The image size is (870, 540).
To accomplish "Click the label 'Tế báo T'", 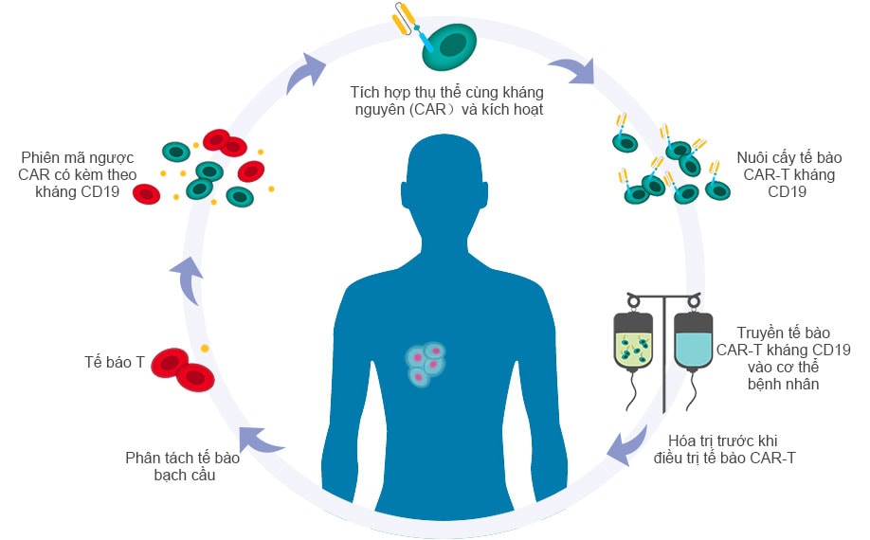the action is pos(115,362).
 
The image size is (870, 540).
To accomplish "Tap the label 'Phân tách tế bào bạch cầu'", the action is pos(183,466).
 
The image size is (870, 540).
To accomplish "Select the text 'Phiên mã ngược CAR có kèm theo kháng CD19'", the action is pos(77,174).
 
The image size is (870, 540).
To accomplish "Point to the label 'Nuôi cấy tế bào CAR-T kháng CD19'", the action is pos(788,174).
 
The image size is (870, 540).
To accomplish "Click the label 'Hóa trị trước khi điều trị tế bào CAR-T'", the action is pos(723,449).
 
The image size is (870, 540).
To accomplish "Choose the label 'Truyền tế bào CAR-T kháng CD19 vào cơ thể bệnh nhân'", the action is pos(783,358).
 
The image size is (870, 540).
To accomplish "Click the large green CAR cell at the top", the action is pos(449,46).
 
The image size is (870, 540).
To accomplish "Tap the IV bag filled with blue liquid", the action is pos(693,340).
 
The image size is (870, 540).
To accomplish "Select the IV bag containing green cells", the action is pos(633,340).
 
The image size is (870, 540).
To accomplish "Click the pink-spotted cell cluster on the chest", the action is pos(425,363).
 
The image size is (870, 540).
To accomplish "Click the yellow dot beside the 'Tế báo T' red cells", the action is pos(205,349).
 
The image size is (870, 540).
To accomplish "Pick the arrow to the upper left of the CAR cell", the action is pos(305,73).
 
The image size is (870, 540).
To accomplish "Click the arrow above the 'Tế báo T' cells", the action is pos(187,280).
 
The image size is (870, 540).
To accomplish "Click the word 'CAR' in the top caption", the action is pos(429,109).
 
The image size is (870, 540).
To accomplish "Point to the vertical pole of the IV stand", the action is pos(663,354).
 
